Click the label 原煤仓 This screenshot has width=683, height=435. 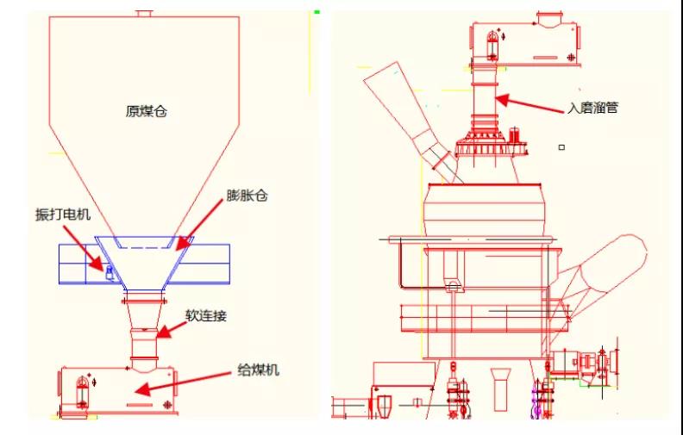pos(145,112)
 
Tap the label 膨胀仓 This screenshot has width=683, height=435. pos(248,196)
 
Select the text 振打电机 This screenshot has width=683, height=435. pos(62,214)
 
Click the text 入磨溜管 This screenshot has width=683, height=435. pos(592,109)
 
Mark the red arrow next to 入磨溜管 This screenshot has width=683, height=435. pos(529,103)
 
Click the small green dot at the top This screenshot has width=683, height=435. pos(317,12)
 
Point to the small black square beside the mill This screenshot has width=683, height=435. pos(561,147)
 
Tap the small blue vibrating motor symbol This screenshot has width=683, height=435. pos(109,274)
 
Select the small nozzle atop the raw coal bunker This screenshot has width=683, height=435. pos(144,14)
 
